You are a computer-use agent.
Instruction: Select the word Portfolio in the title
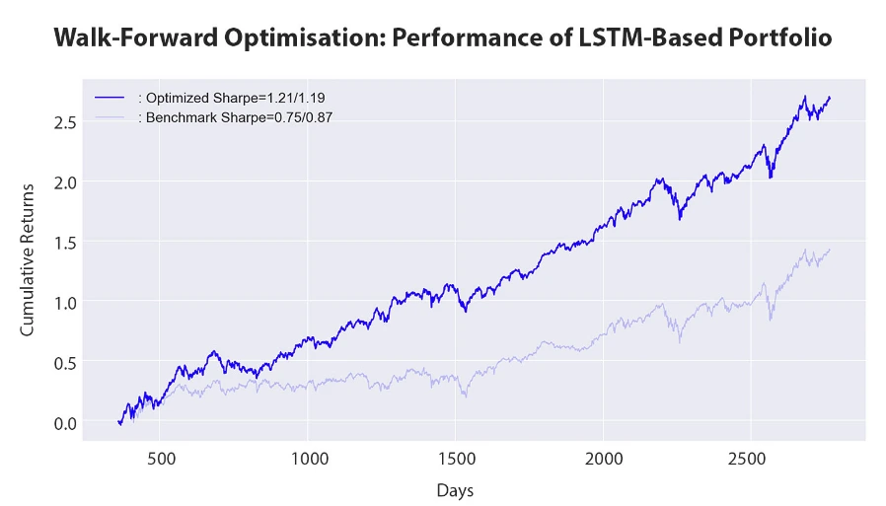[778, 38]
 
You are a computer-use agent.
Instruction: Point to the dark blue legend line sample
[110, 98]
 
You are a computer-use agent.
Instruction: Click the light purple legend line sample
[110, 116]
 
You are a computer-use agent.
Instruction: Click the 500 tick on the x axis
[161, 459]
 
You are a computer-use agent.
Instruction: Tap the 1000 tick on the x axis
[308, 459]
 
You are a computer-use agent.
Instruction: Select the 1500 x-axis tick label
[455, 459]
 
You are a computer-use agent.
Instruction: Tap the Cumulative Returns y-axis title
[28, 259]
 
